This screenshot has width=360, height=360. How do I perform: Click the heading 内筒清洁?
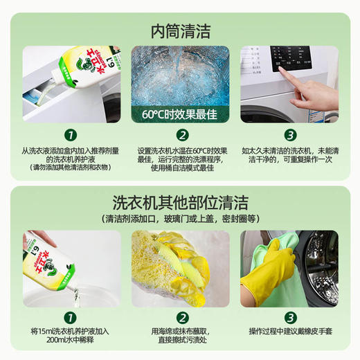pyautogui.click(x=180, y=30)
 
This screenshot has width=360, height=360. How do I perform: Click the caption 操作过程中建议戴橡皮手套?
pyautogui.click(x=290, y=331)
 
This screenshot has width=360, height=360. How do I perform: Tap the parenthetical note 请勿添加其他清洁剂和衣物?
pyautogui.click(x=70, y=167)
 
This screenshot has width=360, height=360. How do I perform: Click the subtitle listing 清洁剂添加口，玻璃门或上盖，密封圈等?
pyautogui.click(x=180, y=219)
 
